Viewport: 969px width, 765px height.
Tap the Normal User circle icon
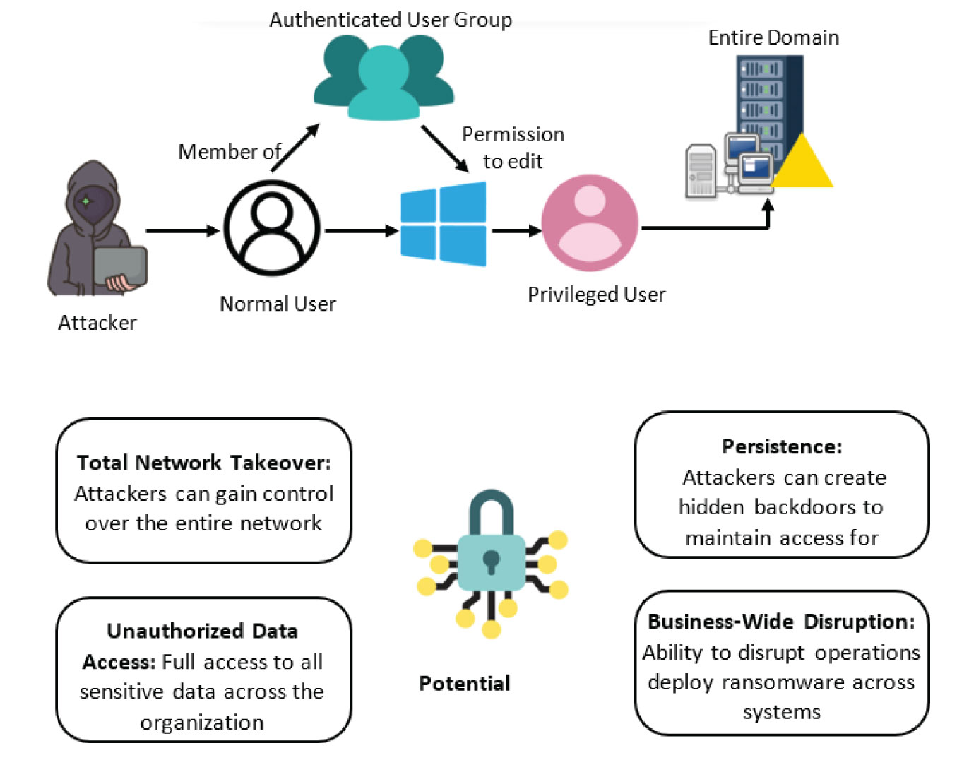tap(272, 228)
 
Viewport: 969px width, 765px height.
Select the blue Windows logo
tap(444, 224)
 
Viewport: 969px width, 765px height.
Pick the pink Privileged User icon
tap(590, 223)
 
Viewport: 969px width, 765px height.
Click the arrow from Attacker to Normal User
tap(182, 230)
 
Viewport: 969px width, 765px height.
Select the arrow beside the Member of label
tap(295, 148)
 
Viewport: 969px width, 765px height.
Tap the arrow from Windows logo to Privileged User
tap(516, 230)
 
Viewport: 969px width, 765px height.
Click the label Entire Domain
tap(773, 37)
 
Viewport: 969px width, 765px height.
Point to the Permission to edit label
tap(513, 148)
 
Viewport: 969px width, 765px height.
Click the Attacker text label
tap(97, 323)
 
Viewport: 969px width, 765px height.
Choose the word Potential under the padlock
tap(464, 683)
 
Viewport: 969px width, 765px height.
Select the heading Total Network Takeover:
tap(203, 463)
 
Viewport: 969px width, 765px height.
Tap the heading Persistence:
tap(782, 446)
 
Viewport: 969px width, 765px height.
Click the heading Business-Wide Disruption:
tap(781, 622)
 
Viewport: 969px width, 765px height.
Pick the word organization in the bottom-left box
tap(202, 723)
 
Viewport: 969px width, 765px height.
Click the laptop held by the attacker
tap(120, 266)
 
